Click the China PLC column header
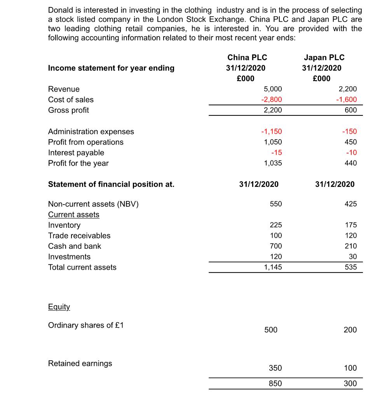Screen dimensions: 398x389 click(x=247, y=58)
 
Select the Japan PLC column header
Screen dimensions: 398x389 click(x=324, y=58)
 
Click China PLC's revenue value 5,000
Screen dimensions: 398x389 click(x=273, y=89)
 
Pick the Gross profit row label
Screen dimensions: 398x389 click(x=68, y=110)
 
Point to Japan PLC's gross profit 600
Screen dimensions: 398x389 click(x=351, y=110)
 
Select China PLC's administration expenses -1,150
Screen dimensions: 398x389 click(x=271, y=131)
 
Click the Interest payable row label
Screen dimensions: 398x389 click(x=76, y=152)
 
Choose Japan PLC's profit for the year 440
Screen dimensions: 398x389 click(x=351, y=163)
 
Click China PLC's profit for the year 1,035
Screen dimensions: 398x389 click(x=273, y=163)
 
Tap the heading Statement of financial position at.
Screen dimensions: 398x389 click(x=111, y=184)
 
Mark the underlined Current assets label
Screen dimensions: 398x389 click(x=74, y=215)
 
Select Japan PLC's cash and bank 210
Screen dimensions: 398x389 click(x=351, y=246)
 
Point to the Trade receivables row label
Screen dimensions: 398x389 click(x=79, y=236)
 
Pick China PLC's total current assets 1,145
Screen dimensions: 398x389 click(x=273, y=267)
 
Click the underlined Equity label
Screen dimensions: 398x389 click(x=59, y=307)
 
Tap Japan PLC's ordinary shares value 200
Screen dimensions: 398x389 click(x=350, y=330)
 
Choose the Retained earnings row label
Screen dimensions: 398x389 click(x=80, y=363)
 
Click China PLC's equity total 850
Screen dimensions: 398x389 click(x=276, y=383)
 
